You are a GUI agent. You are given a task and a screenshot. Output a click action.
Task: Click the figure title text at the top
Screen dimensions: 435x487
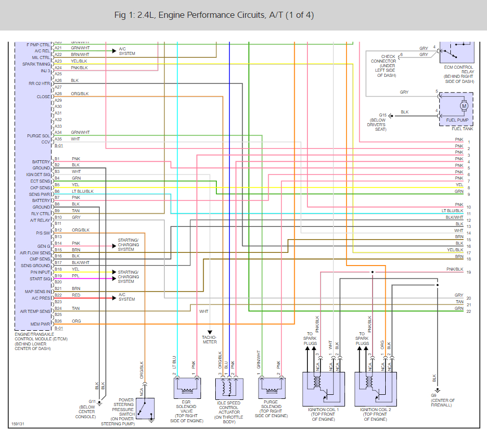(214, 15)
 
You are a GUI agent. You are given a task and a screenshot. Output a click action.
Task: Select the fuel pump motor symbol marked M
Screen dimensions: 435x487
(464, 106)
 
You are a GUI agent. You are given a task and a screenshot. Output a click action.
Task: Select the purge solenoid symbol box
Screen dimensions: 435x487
(270, 388)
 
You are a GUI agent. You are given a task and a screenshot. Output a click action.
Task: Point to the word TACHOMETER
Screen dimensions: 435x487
(209, 339)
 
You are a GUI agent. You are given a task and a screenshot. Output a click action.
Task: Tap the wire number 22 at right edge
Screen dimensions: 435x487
(468, 311)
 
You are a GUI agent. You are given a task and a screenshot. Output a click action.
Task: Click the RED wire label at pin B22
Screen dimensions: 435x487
(75, 295)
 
